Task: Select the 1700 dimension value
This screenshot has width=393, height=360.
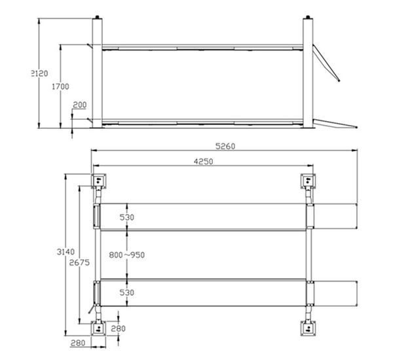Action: tap(60, 86)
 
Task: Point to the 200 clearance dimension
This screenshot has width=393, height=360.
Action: tap(79, 105)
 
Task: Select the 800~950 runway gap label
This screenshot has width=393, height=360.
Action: tap(126, 255)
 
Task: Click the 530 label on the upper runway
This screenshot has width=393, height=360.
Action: tap(126, 217)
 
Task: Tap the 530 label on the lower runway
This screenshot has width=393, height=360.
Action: tap(126, 293)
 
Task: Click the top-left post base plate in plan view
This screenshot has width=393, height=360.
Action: tap(98, 180)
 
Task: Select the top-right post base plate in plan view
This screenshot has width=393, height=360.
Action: tap(308, 180)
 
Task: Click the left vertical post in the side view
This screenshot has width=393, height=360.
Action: tap(98, 72)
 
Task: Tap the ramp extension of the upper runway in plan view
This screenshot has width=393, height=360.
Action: tap(337, 217)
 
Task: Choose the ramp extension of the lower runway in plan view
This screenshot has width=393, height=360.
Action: tap(337, 293)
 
